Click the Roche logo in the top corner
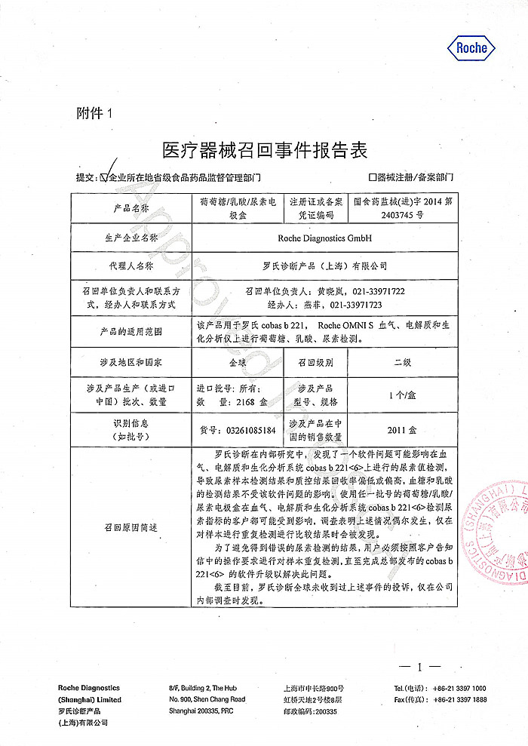(x=473, y=48)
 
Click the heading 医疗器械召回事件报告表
(x=265, y=149)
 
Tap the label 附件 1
(x=94, y=114)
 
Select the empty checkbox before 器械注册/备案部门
(x=373, y=177)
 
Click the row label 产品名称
(x=130, y=207)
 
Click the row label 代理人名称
(x=130, y=266)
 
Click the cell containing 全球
(x=238, y=361)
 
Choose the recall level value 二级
(x=403, y=361)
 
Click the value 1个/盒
(x=403, y=394)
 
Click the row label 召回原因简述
(x=130, y=527)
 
